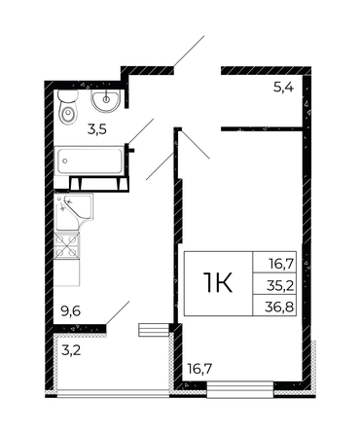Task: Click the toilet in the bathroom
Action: [x=67, y=112]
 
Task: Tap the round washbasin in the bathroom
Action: [x=104, y=101]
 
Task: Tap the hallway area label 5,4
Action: [x=283, y=88]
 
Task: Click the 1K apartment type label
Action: [x=216, y=283]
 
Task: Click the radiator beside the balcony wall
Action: [x=152, y=329]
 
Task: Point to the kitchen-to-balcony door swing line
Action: [x=119, y=313]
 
